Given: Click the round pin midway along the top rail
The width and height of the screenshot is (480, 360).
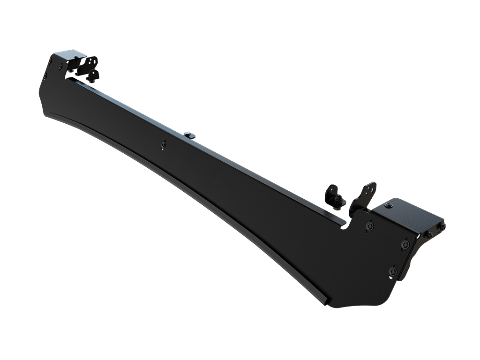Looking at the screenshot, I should point(189,135).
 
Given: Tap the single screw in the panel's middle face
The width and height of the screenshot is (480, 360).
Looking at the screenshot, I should point(163,145).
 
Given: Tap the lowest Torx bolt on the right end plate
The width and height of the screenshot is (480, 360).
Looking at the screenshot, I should point(393,271).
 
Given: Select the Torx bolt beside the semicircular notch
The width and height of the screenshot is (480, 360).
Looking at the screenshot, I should point(370,226).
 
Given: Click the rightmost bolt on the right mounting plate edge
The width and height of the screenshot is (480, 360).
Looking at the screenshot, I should point(442,226).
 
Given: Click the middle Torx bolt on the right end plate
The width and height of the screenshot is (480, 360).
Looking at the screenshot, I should point(405,244).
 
